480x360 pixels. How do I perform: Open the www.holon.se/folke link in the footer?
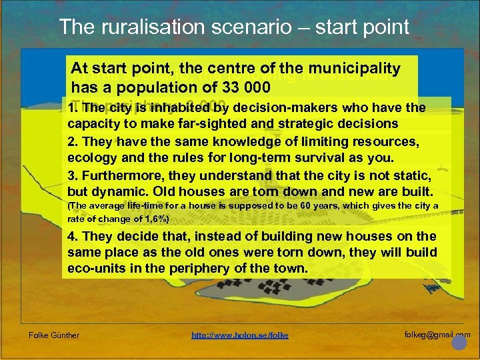[240, 335]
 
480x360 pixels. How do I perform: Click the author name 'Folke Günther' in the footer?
[54, 335]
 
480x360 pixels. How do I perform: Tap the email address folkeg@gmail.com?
[437, 333]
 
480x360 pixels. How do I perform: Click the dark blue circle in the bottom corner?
[459, 343]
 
